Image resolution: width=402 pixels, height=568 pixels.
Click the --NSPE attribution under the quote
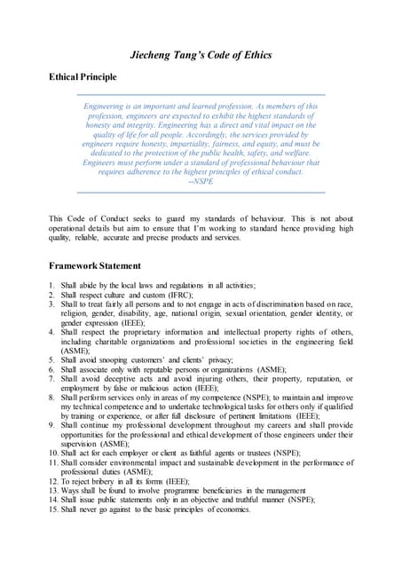[201, 181]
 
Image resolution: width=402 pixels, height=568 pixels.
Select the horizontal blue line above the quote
[201, 94]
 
